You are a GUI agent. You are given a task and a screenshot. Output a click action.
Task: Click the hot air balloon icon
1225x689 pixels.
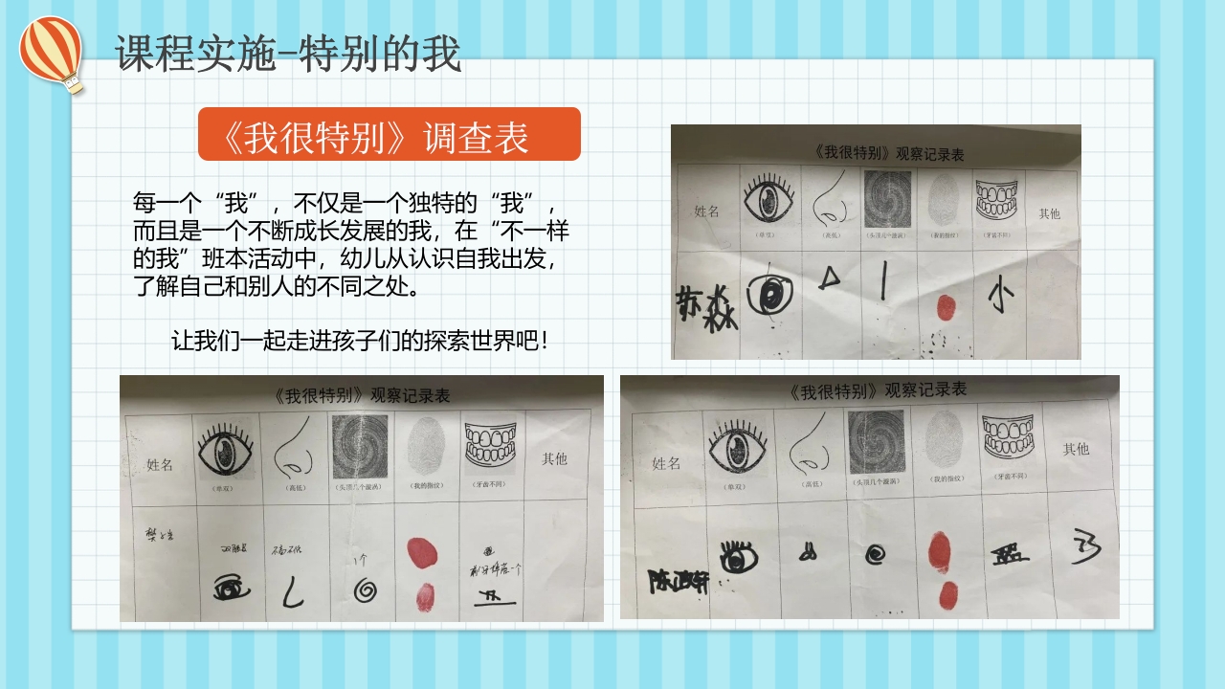[52, 52]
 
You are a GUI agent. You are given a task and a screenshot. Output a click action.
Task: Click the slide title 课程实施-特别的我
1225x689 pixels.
[288, 54]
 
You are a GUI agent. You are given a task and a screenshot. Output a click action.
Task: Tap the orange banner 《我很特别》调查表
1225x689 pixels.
[389, 134]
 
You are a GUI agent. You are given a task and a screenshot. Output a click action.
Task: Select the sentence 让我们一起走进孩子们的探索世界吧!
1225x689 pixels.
[360, 342]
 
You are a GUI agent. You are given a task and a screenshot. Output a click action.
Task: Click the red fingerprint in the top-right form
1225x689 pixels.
[945, 307]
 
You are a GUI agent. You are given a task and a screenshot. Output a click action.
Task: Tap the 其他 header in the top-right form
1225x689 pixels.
[1049, 213]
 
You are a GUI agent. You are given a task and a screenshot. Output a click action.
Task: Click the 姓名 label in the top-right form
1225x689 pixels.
[706, 211]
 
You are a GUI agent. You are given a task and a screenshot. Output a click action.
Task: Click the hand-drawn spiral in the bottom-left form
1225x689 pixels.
[364, 591]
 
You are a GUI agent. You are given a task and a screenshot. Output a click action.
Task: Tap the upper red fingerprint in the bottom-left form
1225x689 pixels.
[422, 553]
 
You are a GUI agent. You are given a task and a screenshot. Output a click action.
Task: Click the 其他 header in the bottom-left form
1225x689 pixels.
[554, 458]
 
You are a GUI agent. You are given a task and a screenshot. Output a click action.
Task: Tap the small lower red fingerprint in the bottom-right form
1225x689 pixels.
[948, 595]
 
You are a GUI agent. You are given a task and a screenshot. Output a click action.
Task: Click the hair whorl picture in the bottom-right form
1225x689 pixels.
[876, 442]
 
